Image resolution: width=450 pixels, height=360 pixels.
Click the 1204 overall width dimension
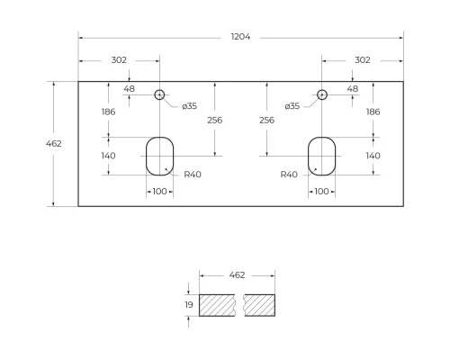click(x=240, y=37)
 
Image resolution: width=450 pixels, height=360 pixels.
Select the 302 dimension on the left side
click(x=119, y=60)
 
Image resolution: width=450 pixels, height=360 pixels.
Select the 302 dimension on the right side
click(x=363, y=60)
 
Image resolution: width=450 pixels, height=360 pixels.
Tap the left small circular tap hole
click(x=159, y=94)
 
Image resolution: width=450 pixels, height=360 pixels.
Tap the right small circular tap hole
click(x=322, y=94)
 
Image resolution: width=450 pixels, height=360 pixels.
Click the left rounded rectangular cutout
click(x=159, y=155)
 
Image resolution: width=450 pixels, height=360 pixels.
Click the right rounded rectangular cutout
click(x=322, y=155)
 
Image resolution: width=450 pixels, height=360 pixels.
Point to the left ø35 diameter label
click(x=189, y=106)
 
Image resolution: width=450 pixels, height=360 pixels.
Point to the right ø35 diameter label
click(x=292, y=106)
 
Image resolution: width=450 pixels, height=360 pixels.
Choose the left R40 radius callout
click(x=192, y=175)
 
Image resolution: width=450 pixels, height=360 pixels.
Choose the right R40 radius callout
click(x=289, y=175)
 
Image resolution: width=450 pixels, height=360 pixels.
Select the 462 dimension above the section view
click(x=237, y=274)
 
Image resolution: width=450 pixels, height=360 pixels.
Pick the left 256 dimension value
click(x=214, y=120)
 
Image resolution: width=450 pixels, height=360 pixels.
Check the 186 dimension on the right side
click(x=373, y=112)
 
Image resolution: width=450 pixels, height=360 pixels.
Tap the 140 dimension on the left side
click(x=108, y=156)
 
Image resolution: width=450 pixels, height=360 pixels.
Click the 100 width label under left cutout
click(x=159, y=192)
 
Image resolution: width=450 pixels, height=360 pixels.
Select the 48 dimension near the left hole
click(x=129, y=89)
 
